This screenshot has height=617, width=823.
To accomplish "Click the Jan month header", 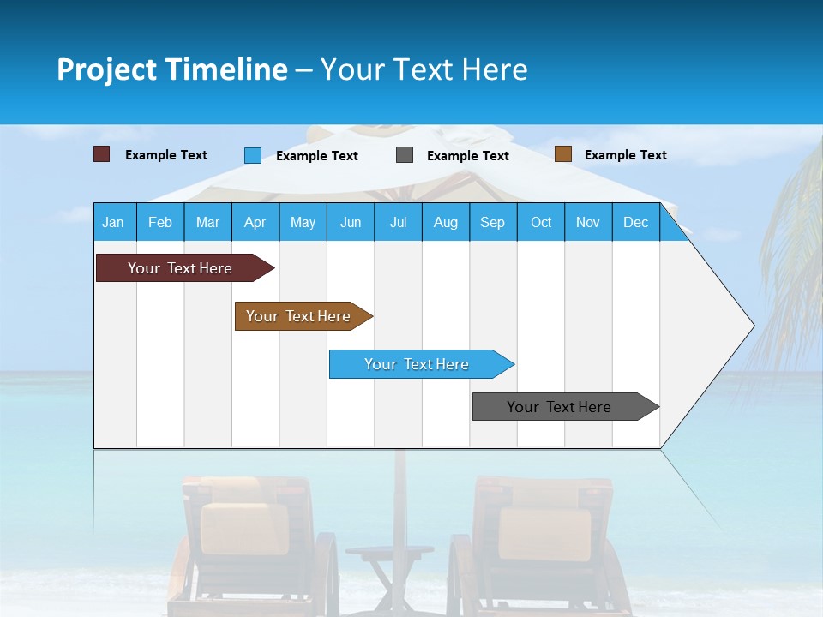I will [113, 223].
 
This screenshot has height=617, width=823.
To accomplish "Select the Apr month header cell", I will [255, 223].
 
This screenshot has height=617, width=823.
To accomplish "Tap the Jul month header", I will [398, 223].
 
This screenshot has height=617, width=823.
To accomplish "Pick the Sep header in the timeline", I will [492, 223].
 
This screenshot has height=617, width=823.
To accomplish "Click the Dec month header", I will [635, 223].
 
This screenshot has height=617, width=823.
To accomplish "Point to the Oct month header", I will [540, 223].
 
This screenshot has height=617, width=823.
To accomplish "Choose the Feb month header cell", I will [160, 223].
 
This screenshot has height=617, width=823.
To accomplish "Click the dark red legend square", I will [102, 154].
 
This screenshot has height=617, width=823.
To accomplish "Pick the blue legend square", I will [253, 155].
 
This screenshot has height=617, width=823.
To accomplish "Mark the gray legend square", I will [405, 155].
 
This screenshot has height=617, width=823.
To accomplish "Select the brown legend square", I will [563, 154].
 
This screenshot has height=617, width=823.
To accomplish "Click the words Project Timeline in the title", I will [171, 69].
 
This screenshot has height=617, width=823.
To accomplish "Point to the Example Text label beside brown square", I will [625, 155].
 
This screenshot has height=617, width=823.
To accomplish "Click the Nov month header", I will [588, 223].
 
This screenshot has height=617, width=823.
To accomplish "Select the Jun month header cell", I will [351, 223].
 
